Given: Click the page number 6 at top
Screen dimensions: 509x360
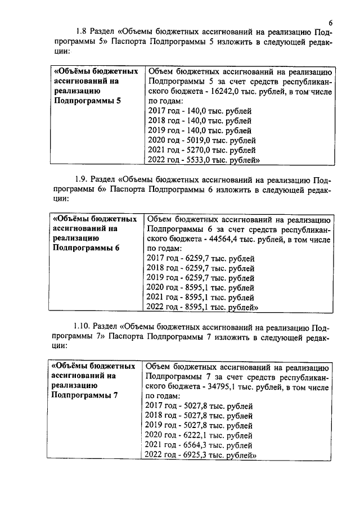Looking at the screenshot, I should [331, 23].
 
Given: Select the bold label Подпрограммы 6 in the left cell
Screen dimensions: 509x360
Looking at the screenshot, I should [86, 248].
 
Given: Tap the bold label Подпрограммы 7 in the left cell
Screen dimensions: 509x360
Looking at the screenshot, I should [85, 395].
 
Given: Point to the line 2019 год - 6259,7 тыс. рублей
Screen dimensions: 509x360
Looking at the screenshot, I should [200, 277].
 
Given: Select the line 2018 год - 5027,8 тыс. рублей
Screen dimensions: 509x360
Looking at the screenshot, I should [200, 415].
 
